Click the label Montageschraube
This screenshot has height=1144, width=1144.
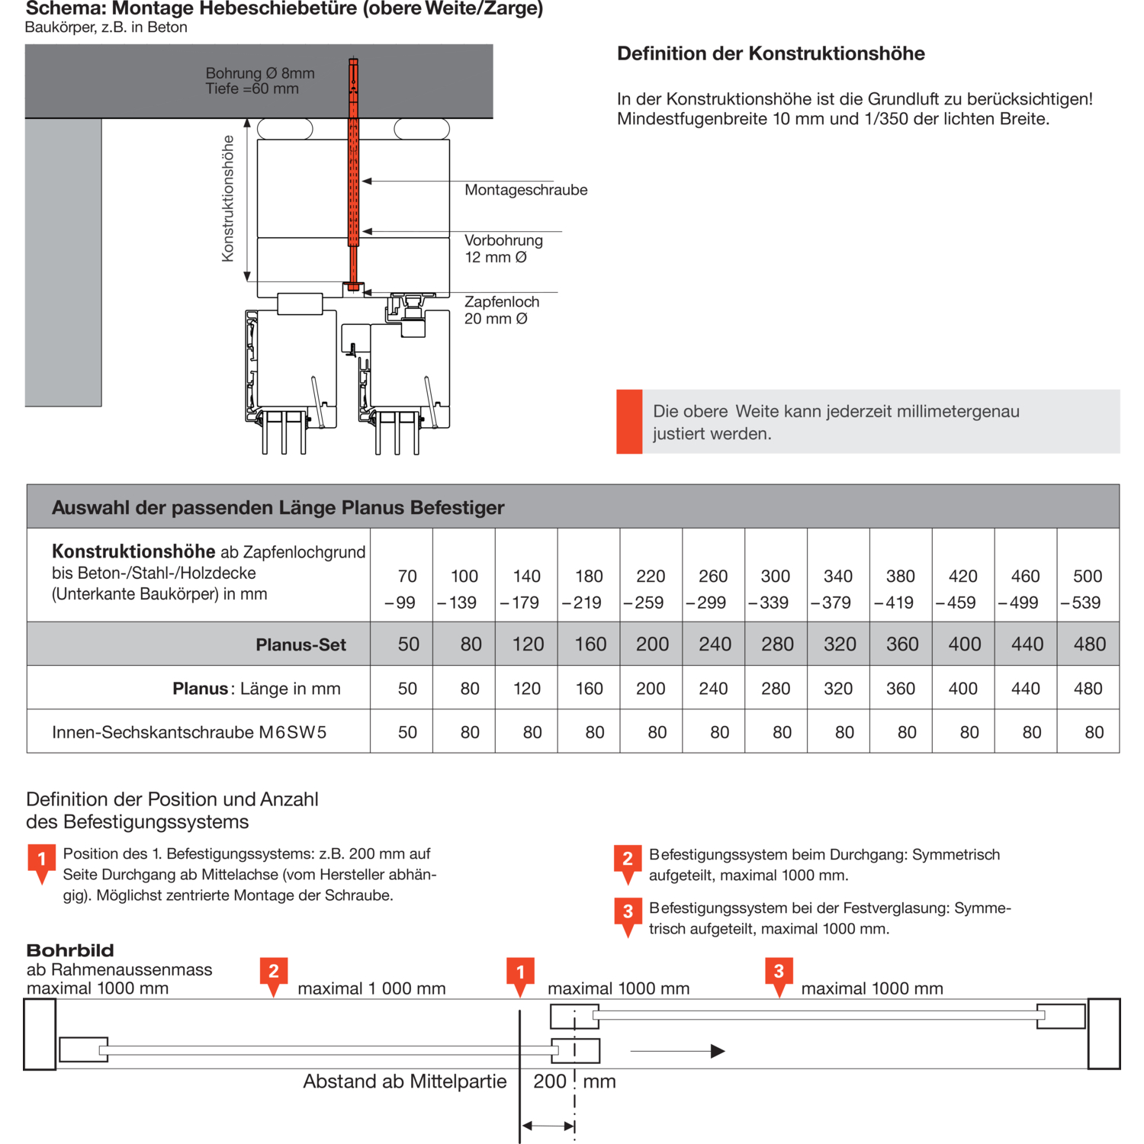[x=525, y=190]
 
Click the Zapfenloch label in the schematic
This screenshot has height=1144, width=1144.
[x=502, y=303]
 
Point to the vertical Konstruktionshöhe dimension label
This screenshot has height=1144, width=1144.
[x=227, y=198]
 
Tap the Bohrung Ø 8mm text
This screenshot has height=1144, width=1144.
[x=259, y=73]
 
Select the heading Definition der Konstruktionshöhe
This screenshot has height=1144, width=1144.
[x=770, y=53]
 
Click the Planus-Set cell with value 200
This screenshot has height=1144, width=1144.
[x=652, y=644]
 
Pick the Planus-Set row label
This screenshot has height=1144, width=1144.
[x=300, y=645]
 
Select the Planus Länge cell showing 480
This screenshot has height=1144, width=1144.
[x=1088, y=689]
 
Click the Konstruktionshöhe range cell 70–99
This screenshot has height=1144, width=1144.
[x=403, y=589]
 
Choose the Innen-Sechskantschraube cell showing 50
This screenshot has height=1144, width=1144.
[x=407, y=733]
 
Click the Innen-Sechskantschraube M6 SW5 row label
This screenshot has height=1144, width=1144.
[x=189, y=733]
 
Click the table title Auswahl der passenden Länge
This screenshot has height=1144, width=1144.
[x=278, y=508]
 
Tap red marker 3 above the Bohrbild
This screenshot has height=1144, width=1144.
[x=779, y=972]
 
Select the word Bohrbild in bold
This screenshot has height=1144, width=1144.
[x=70, y=950]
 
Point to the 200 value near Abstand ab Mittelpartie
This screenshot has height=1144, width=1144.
[x=549, y=1081]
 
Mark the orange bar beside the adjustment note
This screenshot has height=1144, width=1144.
[x=629, y=422]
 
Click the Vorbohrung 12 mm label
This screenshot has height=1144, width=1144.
[x=503, y=249]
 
